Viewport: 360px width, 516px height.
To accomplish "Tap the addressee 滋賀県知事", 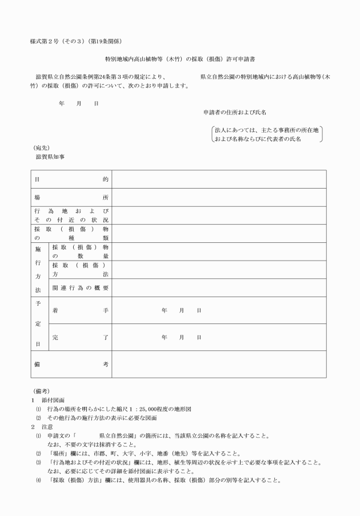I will (x=50, y=157).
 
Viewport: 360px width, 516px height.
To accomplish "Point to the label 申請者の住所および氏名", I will (x=234, y=113).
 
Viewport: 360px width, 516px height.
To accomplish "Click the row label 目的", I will (x=71, y=179).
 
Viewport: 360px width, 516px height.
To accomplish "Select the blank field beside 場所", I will (x=219, y=197).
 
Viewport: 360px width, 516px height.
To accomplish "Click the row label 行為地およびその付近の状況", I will (x=71, y=215).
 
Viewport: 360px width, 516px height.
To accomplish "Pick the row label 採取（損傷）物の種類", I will (x=71, y=233).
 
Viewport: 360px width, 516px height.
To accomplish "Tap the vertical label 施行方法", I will (x=38, y=269).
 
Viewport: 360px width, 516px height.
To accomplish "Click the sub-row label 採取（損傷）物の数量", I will (x=80, y=251).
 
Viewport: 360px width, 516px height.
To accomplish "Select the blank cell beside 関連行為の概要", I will (x=219, y=287).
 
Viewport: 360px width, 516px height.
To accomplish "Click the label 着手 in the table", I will (x=80, y=310).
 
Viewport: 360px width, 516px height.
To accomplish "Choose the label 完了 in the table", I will (x=80, y=337).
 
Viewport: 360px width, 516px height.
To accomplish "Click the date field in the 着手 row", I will (x=182, y=310).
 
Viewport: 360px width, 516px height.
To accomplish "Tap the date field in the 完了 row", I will (x=182, y=337).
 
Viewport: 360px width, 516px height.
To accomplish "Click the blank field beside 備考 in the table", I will (x=219, y=364).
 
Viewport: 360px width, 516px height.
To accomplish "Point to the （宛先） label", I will (x=42, y=147).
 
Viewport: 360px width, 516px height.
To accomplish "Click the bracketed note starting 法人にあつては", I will (x=266, y=134).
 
